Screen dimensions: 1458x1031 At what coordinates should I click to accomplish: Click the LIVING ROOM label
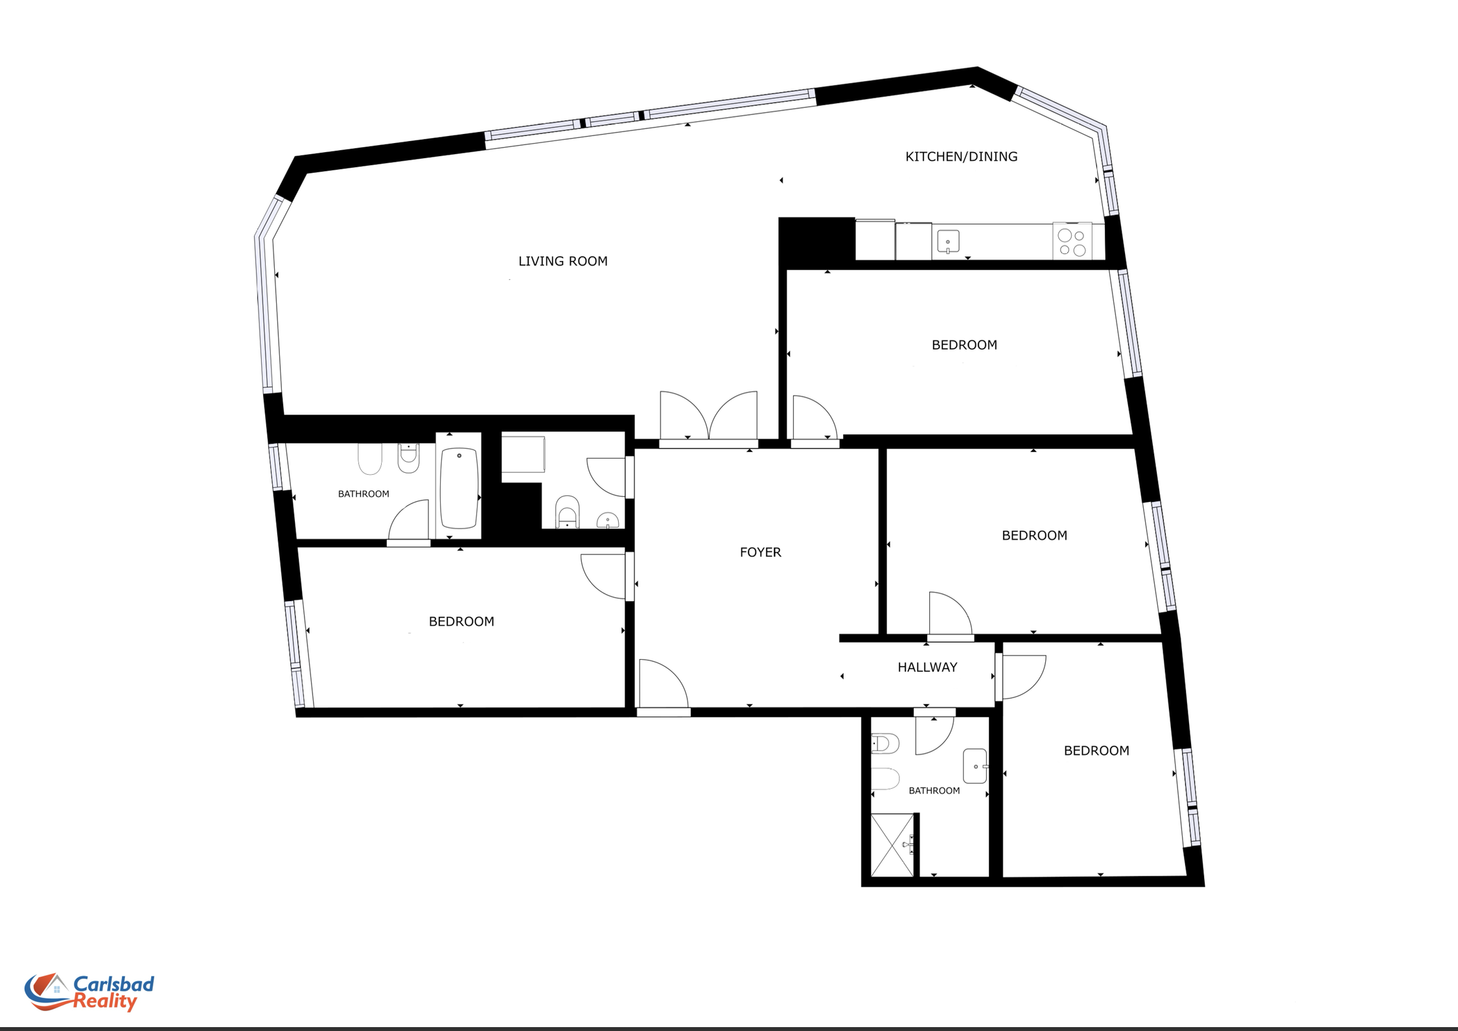562,261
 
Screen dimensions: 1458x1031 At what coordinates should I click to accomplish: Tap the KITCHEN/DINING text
961,157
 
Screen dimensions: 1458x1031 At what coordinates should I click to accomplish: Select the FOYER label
760,552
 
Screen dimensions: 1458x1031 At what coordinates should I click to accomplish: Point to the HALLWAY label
927,667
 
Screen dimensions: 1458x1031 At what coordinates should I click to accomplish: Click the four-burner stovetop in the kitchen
1072,242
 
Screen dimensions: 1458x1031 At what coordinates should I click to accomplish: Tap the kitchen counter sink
948,242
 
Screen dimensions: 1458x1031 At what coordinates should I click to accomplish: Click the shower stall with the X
892,845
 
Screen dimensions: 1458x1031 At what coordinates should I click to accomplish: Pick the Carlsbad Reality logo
89,993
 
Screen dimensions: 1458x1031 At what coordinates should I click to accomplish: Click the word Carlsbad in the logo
113,984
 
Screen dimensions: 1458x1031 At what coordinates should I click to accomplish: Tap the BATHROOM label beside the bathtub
364,494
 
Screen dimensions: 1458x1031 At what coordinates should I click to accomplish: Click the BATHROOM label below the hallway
934,791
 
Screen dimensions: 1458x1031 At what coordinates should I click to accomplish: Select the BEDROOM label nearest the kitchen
964,345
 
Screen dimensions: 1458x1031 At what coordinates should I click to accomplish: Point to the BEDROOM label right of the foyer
1034,536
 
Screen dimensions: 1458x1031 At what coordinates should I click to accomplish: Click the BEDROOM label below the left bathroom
461,622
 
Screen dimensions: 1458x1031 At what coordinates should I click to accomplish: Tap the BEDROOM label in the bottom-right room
1096,751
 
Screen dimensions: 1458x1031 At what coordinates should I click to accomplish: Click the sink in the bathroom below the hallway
975,766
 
